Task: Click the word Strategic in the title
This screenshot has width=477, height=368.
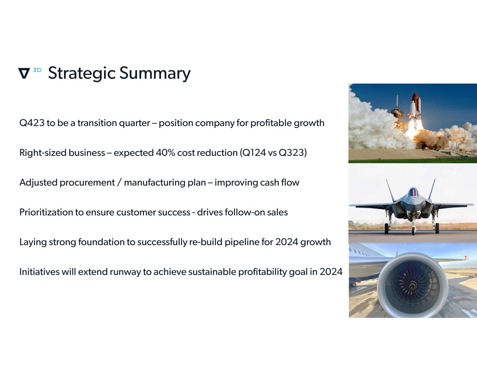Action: point(82,73)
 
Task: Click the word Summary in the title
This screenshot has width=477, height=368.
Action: point(155,73)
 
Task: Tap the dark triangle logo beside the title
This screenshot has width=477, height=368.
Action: point(24,73)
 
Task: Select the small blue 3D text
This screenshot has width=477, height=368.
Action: point(37,70)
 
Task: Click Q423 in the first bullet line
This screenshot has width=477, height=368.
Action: point(32,123)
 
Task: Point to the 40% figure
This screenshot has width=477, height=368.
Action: point(165,153)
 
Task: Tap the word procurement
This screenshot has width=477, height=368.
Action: point(87,183)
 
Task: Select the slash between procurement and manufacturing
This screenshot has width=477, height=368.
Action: point(120,182)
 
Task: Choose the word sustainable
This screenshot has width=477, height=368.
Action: point(212,272)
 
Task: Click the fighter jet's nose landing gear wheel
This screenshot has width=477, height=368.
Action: point(413,231)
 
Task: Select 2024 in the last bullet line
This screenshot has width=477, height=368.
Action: point(331,272)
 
